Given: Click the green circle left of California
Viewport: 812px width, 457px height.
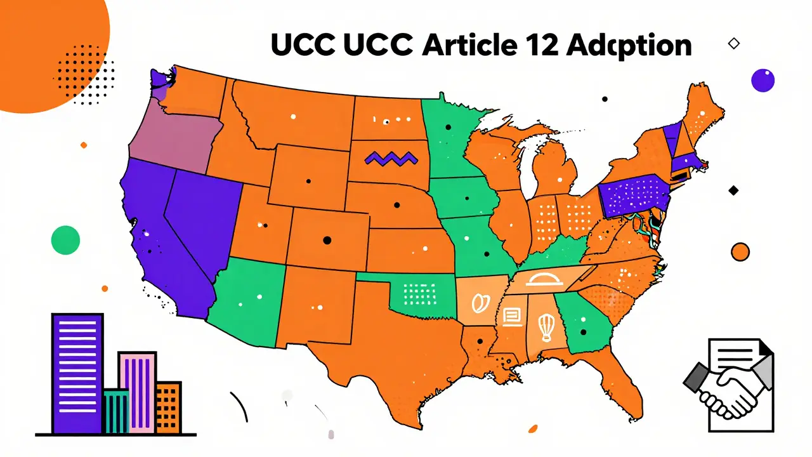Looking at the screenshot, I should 65,241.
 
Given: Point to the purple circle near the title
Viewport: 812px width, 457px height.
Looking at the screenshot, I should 763,80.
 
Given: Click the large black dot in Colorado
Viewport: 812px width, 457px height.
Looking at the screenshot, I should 327,240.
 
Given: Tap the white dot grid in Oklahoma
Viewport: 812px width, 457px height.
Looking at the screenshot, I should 417,293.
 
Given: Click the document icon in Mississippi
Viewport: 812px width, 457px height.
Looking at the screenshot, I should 512,315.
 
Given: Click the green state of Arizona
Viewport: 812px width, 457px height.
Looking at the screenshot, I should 247,298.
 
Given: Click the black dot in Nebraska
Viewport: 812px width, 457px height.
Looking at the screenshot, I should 397,204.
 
